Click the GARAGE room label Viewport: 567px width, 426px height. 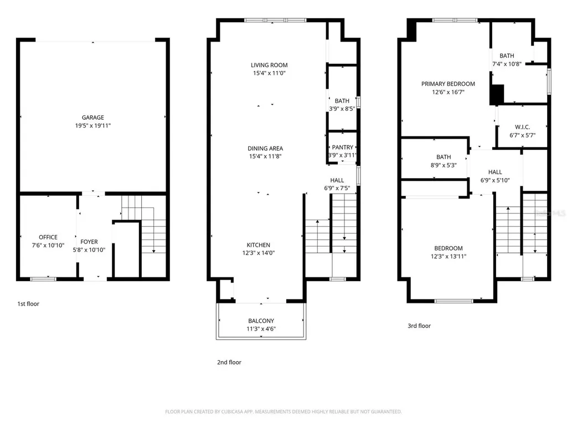coord(93,118)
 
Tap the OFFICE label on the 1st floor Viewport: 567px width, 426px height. coord(48,237)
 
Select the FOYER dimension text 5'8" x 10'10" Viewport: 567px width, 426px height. coord(89,250)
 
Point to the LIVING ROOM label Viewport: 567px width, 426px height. coord(270,65)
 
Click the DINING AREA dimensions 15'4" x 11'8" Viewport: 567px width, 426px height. coord(265,156)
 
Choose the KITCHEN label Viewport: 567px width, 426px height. coord(259,245)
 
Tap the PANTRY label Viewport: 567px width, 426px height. coord(342,148)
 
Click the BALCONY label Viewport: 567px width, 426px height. coord(261,321)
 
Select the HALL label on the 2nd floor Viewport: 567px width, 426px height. coord(337,180)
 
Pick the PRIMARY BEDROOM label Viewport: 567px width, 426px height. coord(448,84)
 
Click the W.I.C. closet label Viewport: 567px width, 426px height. coord(523,127)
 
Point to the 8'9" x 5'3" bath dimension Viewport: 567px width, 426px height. coord(444,165)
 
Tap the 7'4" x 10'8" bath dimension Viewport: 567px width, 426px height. coord(507,64)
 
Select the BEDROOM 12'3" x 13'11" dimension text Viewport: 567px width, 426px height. coord(449,256)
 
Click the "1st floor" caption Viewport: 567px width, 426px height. coord(28,304)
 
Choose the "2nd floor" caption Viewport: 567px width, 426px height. coord(229,362)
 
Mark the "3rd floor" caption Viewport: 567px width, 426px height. coord(420,326)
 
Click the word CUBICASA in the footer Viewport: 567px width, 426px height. coord(232,412)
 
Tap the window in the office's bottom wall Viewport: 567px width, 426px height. coord(43,279)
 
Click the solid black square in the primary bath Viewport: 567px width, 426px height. coord(497,95)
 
